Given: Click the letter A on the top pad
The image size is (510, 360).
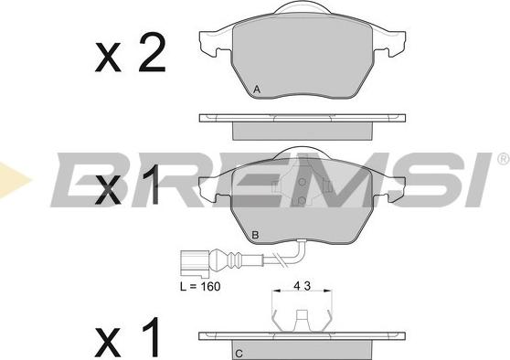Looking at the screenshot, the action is (257, 90).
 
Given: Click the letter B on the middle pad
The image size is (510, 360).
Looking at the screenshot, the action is (256, 235).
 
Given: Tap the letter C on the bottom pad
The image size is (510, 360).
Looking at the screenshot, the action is (239, 354).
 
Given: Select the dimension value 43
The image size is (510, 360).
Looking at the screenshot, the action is (303, 286).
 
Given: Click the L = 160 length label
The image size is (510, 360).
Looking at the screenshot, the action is (200, 287).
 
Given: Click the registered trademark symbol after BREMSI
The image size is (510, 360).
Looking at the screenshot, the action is (504, 159).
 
